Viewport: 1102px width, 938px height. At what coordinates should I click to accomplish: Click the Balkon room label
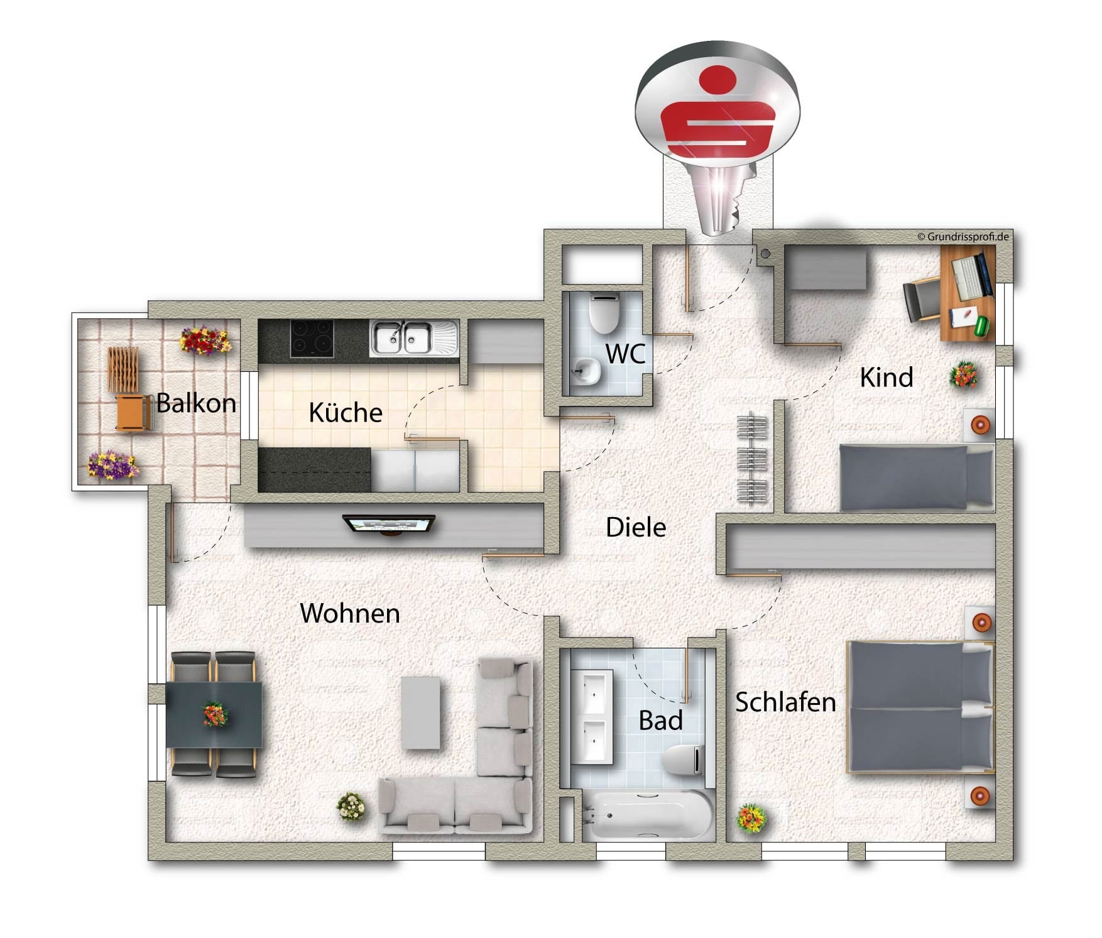196,403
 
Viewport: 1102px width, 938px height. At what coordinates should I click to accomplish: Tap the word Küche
346,412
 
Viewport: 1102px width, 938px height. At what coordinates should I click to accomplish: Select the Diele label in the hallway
636,527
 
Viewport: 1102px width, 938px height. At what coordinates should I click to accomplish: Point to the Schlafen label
785,702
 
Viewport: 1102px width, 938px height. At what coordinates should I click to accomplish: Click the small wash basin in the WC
586,371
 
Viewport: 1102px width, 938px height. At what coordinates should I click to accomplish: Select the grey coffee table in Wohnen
420,712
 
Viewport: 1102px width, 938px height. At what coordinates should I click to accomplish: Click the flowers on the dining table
215,714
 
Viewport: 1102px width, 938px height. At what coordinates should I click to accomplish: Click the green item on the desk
981,325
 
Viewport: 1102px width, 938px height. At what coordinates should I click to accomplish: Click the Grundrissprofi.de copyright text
963,237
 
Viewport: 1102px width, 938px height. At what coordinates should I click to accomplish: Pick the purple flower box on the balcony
112,466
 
